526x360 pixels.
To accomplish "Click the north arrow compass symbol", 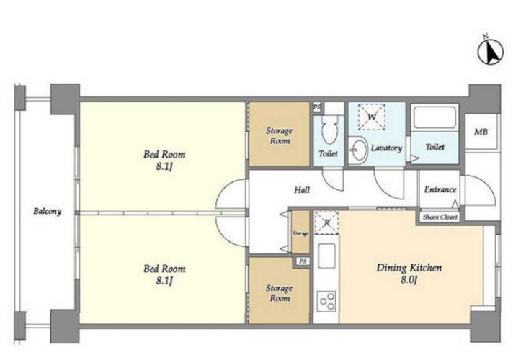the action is (491, 52).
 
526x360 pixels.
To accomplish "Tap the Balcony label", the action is (48, 211).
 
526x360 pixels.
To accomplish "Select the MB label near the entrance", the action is (481, 132).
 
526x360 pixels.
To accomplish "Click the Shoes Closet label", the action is (440, 217).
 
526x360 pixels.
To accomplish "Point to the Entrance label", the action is (440, 190).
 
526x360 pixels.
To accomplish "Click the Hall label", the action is (302, 190).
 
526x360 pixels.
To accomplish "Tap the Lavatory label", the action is (386, 148).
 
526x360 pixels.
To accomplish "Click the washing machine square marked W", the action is (371, 117).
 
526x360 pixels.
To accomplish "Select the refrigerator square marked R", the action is (326, 222).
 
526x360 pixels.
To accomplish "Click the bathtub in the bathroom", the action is (434, 117).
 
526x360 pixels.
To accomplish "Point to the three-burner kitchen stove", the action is (326, 302).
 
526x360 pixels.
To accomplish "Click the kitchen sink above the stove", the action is (326, 256).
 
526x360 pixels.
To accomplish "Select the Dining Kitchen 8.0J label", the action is (409, 274).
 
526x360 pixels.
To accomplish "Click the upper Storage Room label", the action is (279, 136).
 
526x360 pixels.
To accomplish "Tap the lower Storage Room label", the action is (279, 293).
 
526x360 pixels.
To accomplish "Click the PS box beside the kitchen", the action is (303, 261).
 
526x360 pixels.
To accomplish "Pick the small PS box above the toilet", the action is (316, 107).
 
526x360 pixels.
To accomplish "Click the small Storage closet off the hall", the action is (300, 232).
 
